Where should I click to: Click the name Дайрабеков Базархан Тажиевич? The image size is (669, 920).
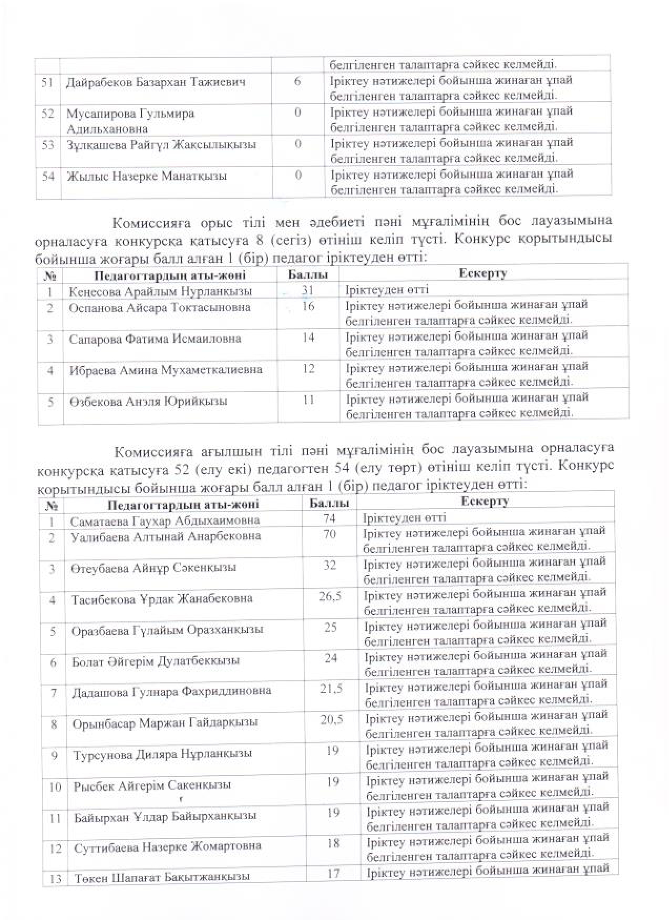[x=156, y=83]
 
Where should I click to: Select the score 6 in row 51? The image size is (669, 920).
[x=297, y=82]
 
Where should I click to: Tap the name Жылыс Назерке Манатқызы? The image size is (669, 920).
[x=147, y=177]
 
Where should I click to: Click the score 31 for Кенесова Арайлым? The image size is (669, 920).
[x=308, y=290]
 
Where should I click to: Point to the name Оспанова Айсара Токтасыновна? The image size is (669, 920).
[x=160, y=308]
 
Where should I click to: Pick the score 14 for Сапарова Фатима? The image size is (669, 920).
[x=308, y=338]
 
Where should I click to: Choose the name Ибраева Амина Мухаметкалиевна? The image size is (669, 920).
[x=166, y=370]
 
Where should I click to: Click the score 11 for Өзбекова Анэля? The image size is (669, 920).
[x=308, y=400]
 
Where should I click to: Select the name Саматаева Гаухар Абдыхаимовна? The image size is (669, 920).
[x=165, y=520]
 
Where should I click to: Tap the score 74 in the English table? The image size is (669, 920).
[x=330, y=519]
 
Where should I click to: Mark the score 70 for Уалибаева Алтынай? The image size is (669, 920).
[x=330, y=535]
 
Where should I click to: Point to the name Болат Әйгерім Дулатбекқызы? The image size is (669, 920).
[x=156, y=661]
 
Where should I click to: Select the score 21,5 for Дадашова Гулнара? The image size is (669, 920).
[x=331, y=689]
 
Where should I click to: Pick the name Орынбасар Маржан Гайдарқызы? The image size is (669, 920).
[x=166, y=723]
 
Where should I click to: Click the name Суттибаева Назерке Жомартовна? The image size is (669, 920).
[x=168, y=847]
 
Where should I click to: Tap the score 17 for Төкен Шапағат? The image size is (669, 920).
[x=333, y=873]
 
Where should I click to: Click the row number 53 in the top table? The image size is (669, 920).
[x=48, y=145]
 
